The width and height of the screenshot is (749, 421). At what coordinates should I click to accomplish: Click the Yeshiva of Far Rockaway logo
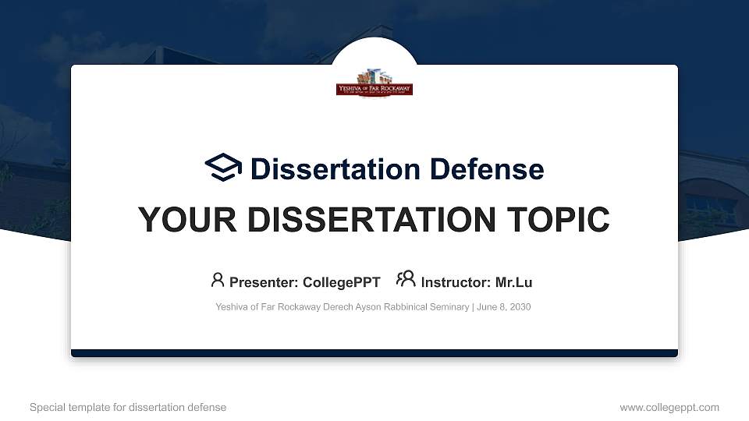point(374,83)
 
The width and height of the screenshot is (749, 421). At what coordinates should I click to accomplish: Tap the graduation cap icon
point(224,168)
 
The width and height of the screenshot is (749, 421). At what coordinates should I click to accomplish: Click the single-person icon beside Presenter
point(218,280)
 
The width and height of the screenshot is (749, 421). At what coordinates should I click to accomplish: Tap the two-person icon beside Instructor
point(406,280)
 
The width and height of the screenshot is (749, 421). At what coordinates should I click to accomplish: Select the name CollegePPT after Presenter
point(343,282)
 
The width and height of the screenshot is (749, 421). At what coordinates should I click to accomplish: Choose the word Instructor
point(455,282)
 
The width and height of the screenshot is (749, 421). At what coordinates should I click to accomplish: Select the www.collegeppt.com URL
point(669,407)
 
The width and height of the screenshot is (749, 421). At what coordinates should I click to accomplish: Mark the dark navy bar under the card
point(374,353)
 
